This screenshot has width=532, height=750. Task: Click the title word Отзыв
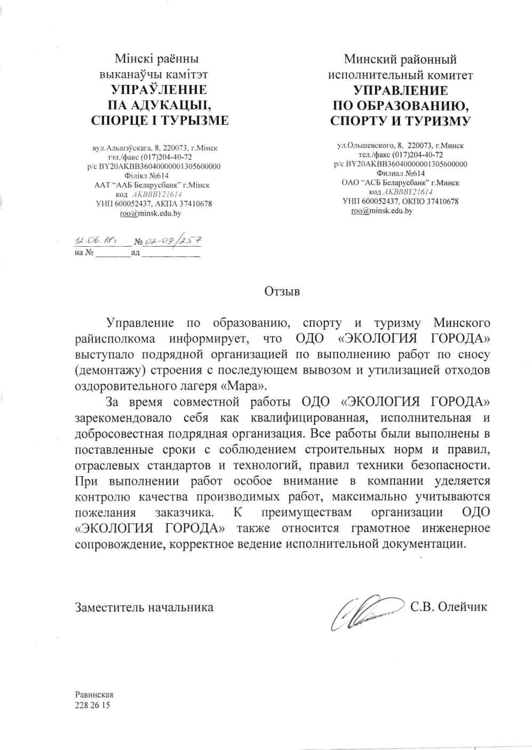tap(282, 291)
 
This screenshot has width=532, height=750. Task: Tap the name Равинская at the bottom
tap(94, 695)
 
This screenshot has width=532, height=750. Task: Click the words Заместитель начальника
tap(144, 607)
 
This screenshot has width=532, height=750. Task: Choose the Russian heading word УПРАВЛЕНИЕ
tap(401, 90)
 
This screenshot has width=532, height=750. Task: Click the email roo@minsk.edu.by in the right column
tap(382, 211)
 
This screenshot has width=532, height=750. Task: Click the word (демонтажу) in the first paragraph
tap(105, 369)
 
